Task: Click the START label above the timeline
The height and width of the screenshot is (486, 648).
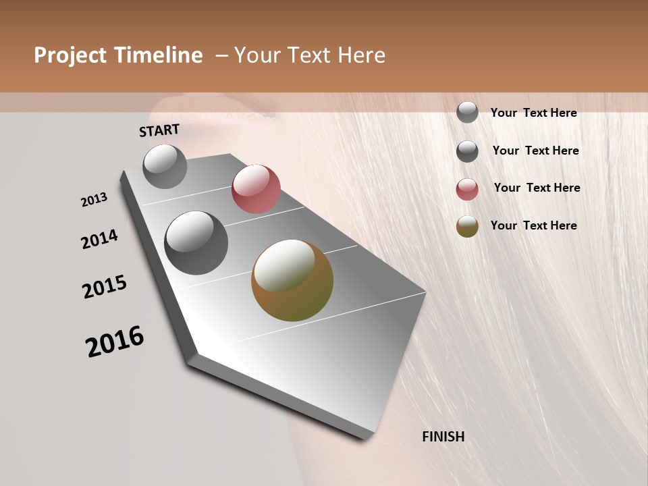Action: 159,130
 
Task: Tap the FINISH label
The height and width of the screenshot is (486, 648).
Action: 443,437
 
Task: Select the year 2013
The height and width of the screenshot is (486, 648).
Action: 94,200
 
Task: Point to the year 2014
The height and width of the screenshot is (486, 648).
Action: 99,240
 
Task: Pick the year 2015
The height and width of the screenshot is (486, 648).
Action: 105,287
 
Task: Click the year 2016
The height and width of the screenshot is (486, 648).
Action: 115,342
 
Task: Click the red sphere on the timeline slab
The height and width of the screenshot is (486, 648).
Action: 256,189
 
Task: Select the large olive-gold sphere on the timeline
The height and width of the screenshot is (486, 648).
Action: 292,280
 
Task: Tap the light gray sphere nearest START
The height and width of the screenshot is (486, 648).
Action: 165,167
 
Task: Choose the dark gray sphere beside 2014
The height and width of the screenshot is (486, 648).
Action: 196,243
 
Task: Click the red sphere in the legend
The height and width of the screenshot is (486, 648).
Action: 467,189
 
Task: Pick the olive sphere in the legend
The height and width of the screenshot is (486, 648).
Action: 467,227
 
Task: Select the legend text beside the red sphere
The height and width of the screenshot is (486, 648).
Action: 537,188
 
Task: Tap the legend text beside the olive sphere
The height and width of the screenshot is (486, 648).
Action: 533,225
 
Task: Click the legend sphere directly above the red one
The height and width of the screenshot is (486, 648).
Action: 467,151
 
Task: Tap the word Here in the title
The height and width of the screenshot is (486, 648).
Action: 361,55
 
